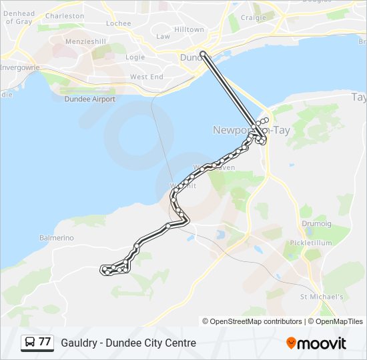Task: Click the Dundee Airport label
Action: click(89, 99)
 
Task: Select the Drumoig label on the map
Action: click(316, 225)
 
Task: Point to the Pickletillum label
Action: click(311, 243)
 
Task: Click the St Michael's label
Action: click(322, 297)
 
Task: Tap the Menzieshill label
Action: click(86, 41)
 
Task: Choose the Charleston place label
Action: click(65, 16)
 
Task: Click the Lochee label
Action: click(119, 23)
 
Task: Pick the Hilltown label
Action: click(189, 30)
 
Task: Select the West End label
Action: click(147, 77)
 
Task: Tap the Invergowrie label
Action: click(19, 68)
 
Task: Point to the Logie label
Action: click(135, 57)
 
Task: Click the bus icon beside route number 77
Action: click(30, 343)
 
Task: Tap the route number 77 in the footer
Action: click(45, 342)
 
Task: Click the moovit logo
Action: click(316, 343)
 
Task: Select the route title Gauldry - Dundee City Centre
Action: click(128, 343)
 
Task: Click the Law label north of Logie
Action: click(163, 37)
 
